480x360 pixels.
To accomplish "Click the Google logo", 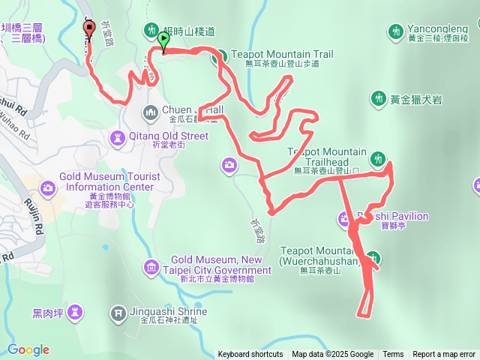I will coord(28,349).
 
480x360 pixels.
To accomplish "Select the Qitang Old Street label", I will coord(169,136).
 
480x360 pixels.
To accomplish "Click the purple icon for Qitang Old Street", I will coord(118,137).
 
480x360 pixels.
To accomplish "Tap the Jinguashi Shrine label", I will coord(173,311).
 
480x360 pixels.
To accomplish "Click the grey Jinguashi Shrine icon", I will coord(118,312).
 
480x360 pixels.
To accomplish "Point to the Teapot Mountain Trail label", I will coord(281,54).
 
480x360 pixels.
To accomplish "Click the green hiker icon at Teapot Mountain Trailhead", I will coord(377,158).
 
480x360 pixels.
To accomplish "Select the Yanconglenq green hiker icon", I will coord(395,31).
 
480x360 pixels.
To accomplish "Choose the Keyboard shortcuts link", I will coord(250,355).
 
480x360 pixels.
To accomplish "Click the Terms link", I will coord(393,355).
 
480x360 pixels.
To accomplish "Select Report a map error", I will coord(444,355).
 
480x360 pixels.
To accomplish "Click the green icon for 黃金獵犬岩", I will coord(378,98).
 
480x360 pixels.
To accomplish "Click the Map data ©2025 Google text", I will coord(332,355).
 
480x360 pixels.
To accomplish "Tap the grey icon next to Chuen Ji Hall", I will coord(151,112).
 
